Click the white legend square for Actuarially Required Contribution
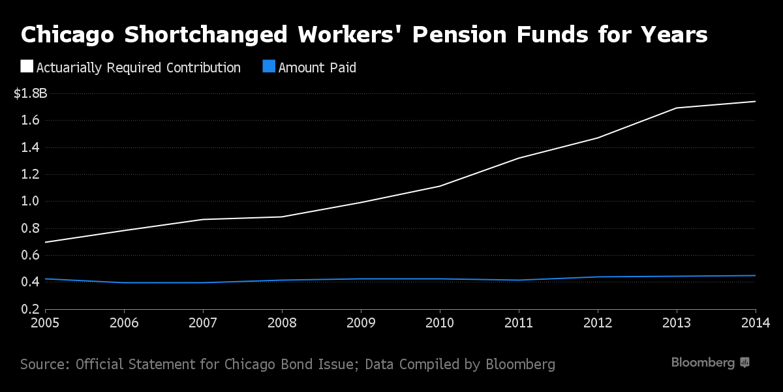[x=27, y=67]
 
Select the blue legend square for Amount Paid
[x=268, y=67]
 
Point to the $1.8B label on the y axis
[x=31, y=93]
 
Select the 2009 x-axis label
[x=361, y=322]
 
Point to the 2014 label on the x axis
[x=756, y=322]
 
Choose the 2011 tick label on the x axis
[x=519, y=322]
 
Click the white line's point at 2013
[x=677, y=108]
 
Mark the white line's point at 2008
[x=282, y=217]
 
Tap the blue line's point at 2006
[x=124, y=282]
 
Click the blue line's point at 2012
[x=598, y=277]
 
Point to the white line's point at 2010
[x=440, y=186]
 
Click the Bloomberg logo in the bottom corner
[x=710, y=363]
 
